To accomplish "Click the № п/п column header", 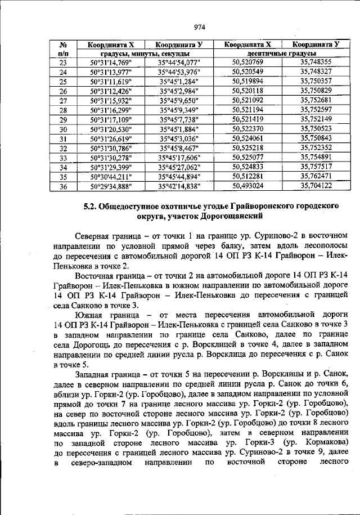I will pyautogui.click(x=63, y=48).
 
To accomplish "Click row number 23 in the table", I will pyautogui.click(x=63, y=62).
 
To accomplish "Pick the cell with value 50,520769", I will pyautogui.click(x=247, y=62).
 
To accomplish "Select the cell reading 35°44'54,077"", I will pyautogui.click(x=179, y=62).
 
